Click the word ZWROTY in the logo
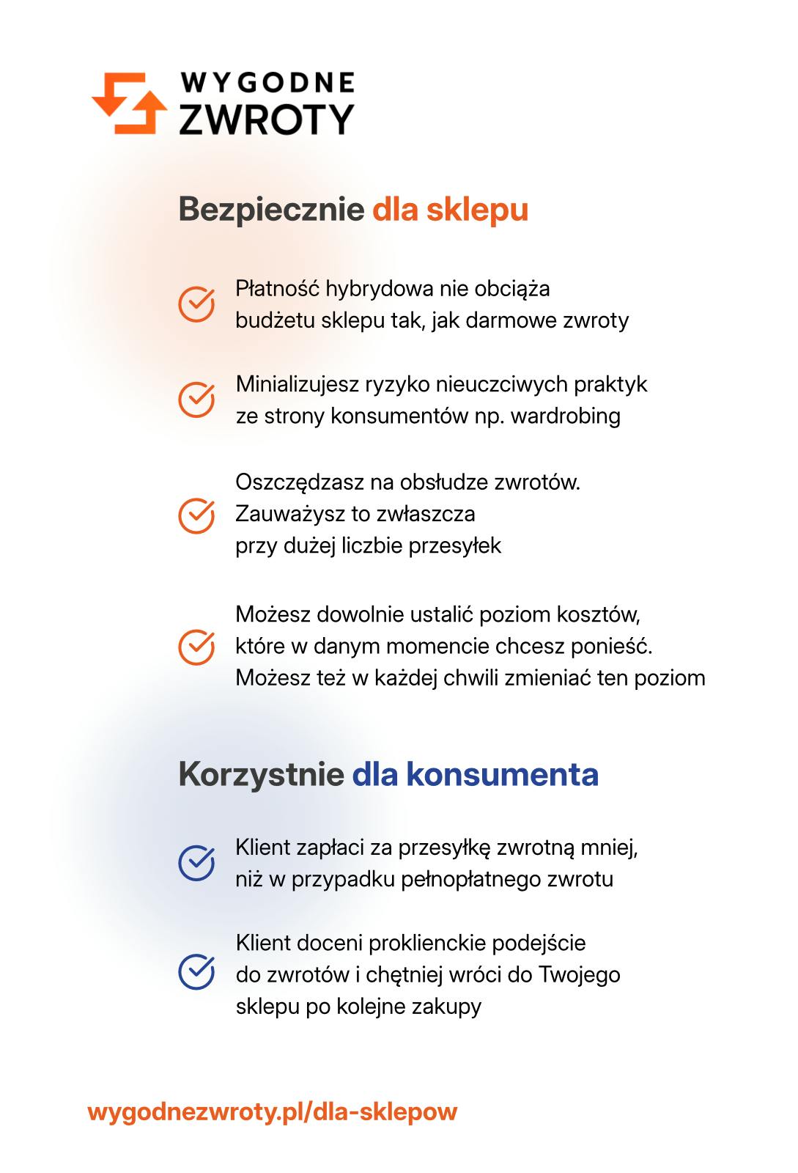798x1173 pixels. click(267, 119)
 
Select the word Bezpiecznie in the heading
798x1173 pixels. click(271, 210)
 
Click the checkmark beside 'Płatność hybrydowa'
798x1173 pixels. click(196, 304)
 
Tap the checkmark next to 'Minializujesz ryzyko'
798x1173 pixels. click(196, 400)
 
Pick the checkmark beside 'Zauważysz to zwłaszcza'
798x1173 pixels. click(196, 515)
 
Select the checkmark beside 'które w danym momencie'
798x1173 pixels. click(196, 647)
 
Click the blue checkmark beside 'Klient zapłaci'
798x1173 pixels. click(196, 863)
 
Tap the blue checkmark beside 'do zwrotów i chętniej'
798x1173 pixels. click(196, 971)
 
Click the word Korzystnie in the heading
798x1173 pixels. click(261, 775)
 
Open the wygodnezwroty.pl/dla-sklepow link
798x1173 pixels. click(272, 1111)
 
